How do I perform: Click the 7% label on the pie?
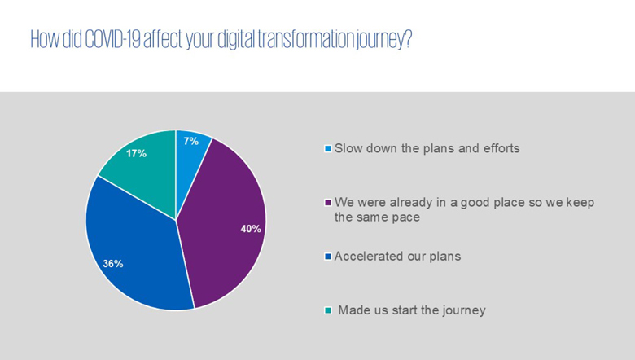190,142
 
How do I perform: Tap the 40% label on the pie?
251,229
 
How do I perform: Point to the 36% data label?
113,264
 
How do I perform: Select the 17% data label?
136,153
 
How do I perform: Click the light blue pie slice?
191,162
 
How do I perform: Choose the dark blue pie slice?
134,251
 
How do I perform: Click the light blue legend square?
328,148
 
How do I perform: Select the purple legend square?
328,203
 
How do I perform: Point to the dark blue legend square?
328,257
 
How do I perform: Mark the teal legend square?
328,310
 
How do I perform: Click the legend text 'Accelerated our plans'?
397,257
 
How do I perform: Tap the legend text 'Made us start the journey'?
412,310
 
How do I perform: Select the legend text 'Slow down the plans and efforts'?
427,148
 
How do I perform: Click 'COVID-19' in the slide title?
112,39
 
